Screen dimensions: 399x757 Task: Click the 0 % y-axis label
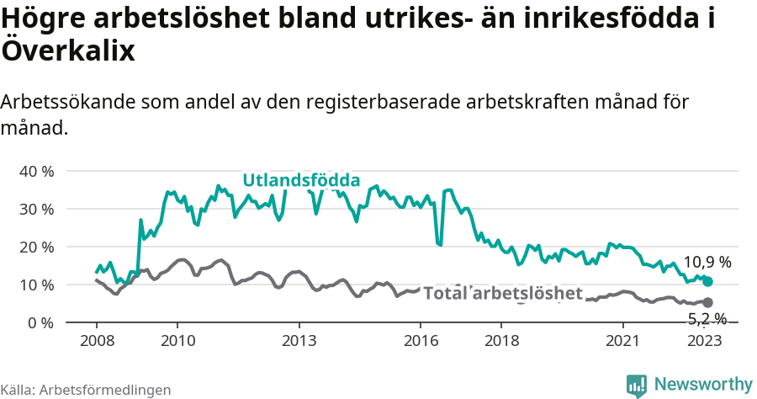pyautogui.click(x=40, y=322)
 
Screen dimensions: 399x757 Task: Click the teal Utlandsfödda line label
pyautogui.click(x=301, y=180)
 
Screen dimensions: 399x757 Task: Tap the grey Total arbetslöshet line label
pyautogui.click(x=502, y=293)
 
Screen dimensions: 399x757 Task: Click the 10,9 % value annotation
pyautogui.click(x=707, y=262)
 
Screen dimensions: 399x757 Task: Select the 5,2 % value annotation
pyautogui.click(x=707, y=318)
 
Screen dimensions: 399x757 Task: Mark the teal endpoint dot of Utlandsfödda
pyautogui.click(x=708, y=281)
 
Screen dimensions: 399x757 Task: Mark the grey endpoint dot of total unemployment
pyautogui.click(x=707, y=302)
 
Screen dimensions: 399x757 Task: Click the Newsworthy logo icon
pyautogui.click(x=637, y=386)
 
